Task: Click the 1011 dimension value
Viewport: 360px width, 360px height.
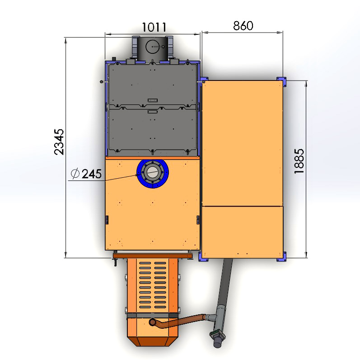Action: tap(154, 27)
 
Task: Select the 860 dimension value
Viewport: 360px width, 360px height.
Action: tap(243, 25)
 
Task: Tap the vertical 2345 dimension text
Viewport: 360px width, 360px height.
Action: tap(59, 142)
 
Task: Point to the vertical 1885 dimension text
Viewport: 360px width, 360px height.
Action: tap(299, 161)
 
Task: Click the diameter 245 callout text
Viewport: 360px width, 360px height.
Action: tap(86, 174)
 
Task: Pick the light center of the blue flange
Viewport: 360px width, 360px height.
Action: tap(153, 172)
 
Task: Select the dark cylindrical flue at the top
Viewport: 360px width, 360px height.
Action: tap(153, 48)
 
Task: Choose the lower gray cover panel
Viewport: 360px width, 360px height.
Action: tap(153, 130)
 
